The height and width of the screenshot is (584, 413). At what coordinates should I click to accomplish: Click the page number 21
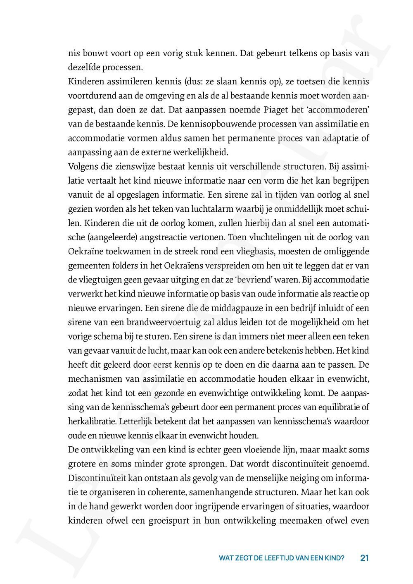coord(364,558)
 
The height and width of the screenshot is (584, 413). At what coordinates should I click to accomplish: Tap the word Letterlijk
coord(138,421)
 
